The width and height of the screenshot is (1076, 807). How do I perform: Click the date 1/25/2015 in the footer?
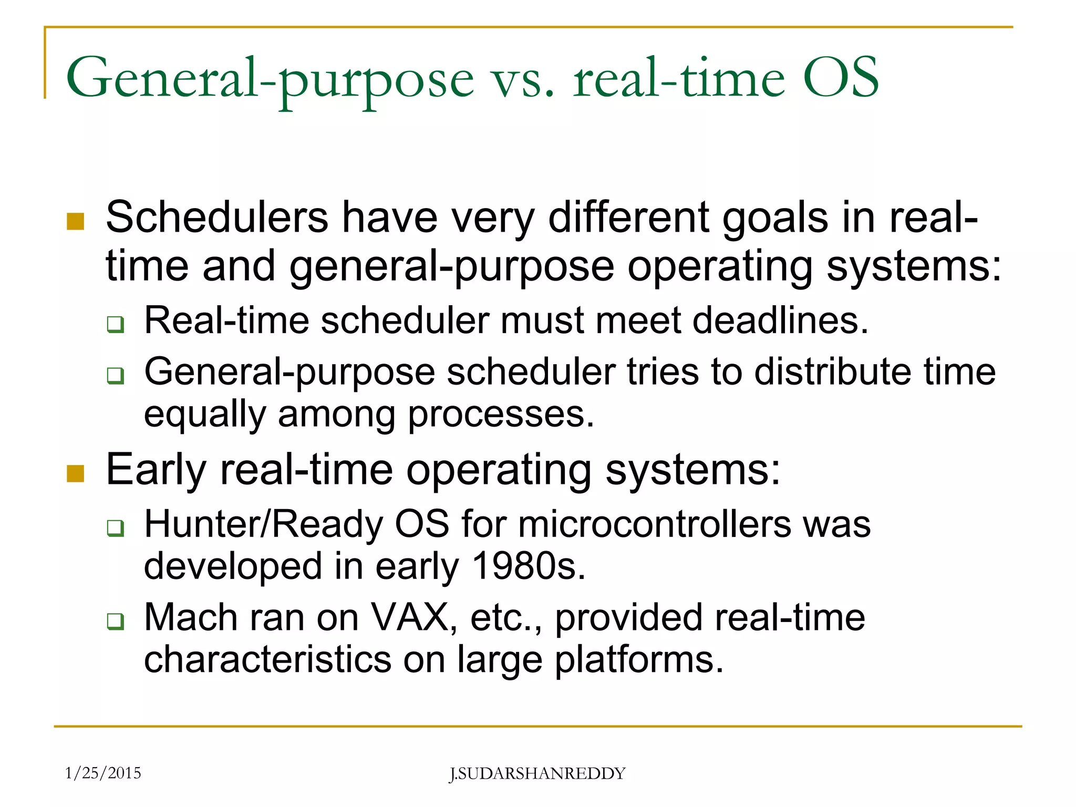103,773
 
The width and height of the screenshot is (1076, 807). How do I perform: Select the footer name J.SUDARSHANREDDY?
537,773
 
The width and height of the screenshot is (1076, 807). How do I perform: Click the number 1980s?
528,566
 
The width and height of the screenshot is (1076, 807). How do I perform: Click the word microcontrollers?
655,524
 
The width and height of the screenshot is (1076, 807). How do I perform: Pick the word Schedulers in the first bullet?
217,218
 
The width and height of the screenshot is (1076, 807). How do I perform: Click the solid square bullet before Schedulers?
76,222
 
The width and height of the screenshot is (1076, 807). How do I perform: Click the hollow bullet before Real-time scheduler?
116,324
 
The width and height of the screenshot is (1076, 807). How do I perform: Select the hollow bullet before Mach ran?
116,621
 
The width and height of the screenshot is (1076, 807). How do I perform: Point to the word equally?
205,415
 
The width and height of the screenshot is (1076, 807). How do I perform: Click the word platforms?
639,660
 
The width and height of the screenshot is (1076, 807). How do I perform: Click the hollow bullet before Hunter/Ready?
116,527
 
